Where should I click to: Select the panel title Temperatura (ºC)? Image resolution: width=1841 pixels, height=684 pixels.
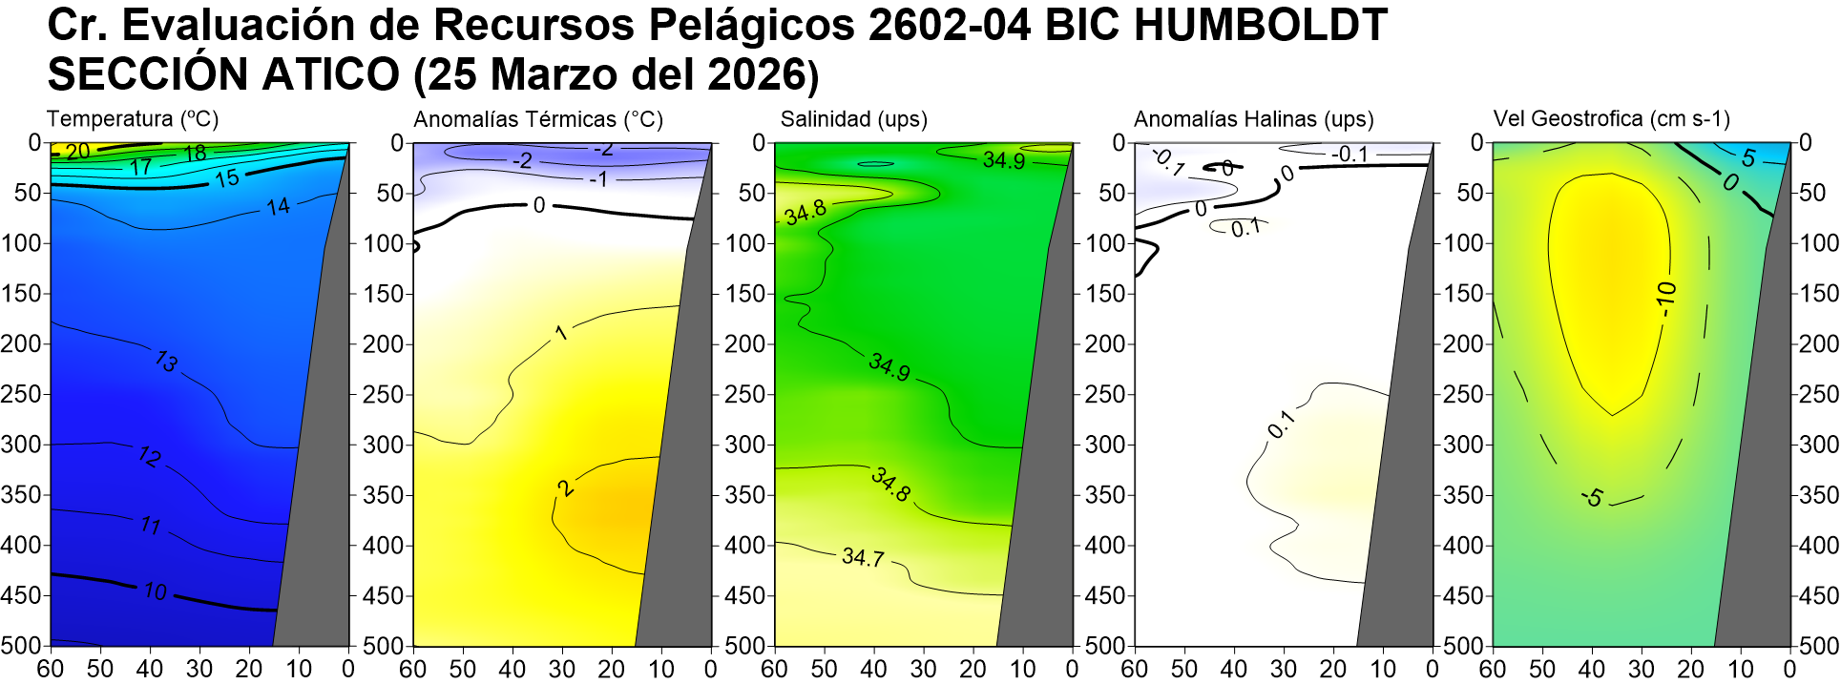coord(133,119)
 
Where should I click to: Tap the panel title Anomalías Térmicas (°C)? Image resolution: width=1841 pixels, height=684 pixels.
coord(538,119)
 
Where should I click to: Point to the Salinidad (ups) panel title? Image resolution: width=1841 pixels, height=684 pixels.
coord(853,119)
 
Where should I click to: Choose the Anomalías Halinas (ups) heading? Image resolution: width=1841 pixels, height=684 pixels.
coord(1253,119)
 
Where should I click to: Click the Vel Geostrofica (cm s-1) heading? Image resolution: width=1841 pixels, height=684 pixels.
coord(1611,119)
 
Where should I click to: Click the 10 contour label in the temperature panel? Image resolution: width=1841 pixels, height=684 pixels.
coord(156,591)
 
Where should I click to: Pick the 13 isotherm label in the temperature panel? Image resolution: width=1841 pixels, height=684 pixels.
coord(166,361)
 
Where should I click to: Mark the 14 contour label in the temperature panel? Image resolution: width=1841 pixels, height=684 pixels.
coord(278,206)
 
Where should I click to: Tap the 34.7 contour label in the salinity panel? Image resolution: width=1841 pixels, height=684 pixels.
coord(863,557)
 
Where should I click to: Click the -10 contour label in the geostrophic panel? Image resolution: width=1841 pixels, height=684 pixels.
coord(1666,299)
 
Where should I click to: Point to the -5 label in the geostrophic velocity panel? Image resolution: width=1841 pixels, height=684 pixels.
coord(1592,497)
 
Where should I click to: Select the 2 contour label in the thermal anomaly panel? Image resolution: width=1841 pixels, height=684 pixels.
coord(566,487)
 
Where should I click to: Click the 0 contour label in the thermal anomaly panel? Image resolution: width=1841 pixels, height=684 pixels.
coord(539,205)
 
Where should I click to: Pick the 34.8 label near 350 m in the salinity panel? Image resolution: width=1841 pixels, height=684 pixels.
coord(890,485)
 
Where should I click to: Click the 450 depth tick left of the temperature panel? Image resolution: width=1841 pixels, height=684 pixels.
coord(21,595)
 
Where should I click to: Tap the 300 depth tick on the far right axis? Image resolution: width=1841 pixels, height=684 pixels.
coord(1819,445)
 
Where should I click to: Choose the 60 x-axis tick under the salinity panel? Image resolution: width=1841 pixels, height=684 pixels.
coord(774,669)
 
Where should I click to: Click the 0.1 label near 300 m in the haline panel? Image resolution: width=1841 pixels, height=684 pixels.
coord(1281,424)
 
